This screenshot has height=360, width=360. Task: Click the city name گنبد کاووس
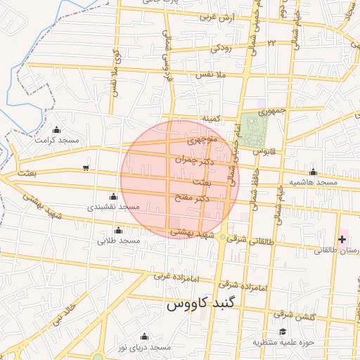tap(204, 306)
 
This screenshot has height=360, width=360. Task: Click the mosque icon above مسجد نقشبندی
tap(114, 196)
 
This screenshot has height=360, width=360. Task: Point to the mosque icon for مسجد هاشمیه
tap(313, 172)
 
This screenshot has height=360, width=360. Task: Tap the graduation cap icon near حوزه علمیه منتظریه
tap(283, 331)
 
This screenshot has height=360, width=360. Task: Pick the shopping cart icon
tap(86, 167)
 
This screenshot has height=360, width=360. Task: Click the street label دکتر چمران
tap(195, 160)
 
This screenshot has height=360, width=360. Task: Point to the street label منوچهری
tap(202, 141)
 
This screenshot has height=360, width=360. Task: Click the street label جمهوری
tap(272, 111)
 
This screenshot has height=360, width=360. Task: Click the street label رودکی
tap(221, 49)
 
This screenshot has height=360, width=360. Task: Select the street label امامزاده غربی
tap(172, 275)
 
